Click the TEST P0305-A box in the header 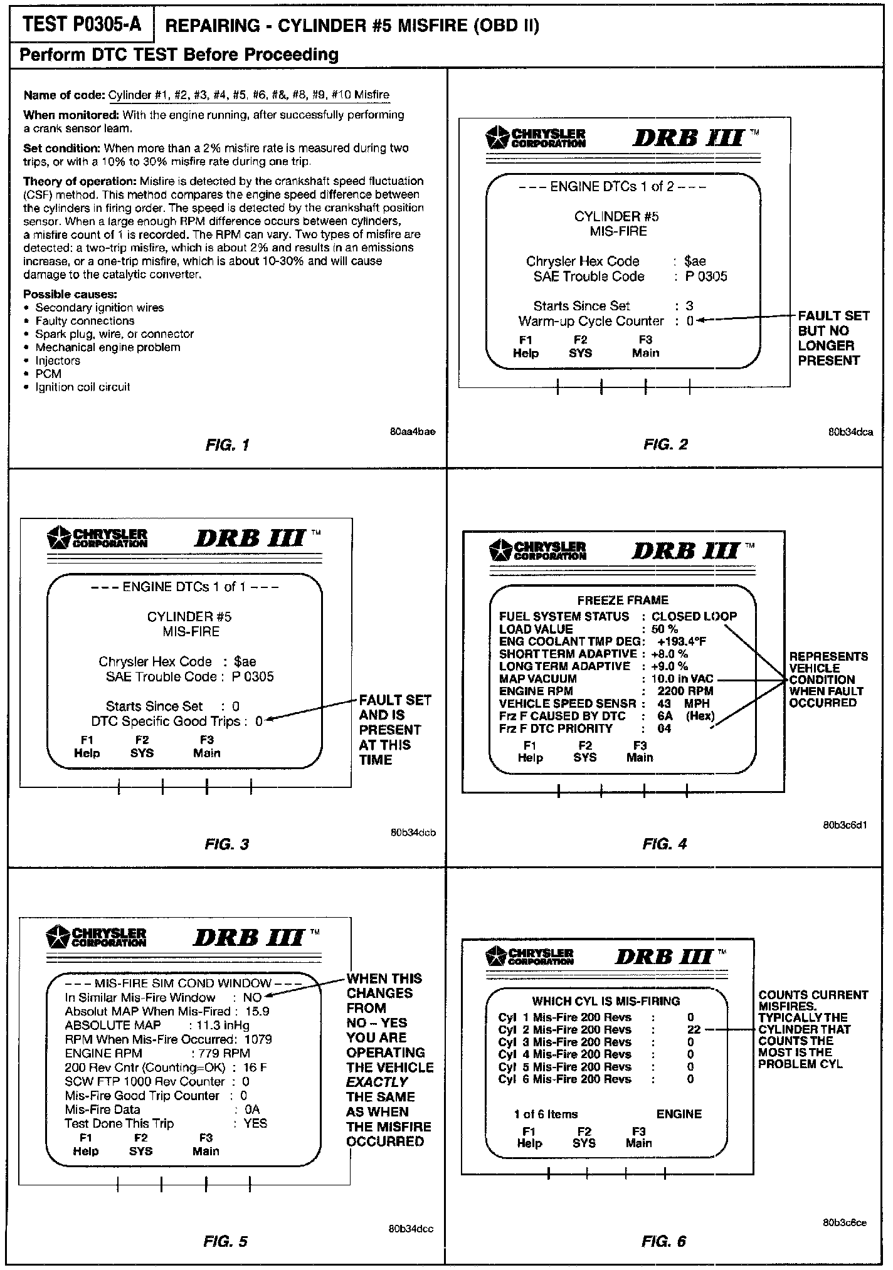point(82,24)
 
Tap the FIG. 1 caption point(227,445)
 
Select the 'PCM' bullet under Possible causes point(48,374)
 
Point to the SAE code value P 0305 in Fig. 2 point(706,276)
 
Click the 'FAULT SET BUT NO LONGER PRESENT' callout point(833,338)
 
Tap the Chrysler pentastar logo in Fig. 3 point(60,537)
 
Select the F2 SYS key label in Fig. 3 point(142,747)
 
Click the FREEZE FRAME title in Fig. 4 point(623,600)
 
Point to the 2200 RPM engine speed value point(685,691)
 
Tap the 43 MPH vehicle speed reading point(683,703)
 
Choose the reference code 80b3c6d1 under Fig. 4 point(845,826)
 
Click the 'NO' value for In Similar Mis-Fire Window point(253,997)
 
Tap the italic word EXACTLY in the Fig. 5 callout point(378,1082)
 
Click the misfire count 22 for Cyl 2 point(693,1029)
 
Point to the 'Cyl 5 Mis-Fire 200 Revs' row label point(564,1066)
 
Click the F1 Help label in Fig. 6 point(529,1137)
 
